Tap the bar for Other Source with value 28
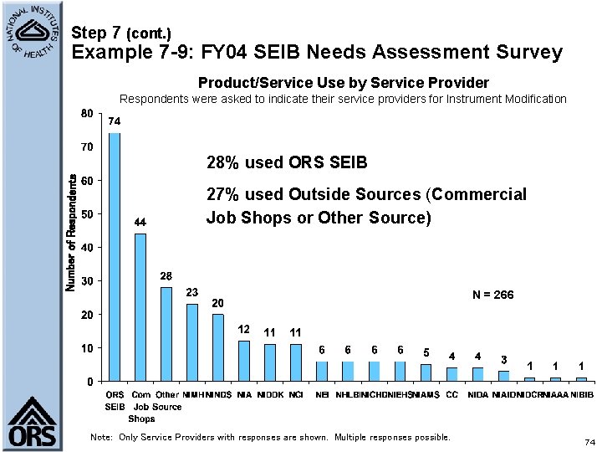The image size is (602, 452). point(166,334)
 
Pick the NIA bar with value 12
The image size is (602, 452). point(244,361)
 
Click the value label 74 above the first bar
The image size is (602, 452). point(115,121)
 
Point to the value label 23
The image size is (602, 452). point(192,292)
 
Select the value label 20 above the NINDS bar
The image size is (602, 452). point(217,302)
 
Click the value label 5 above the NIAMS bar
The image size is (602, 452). point(426,352)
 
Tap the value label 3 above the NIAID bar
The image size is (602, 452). point(503,359)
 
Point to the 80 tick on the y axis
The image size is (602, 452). point(87,113)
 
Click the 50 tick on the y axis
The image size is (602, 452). point(87,213)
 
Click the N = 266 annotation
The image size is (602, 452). point(492,295)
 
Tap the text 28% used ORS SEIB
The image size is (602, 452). point(287,162)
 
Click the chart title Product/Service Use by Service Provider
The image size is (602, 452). point(343,82)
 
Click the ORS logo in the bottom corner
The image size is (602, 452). point(32,423)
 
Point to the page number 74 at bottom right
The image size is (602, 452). point(589,442)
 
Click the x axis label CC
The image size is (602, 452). point(451,394)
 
